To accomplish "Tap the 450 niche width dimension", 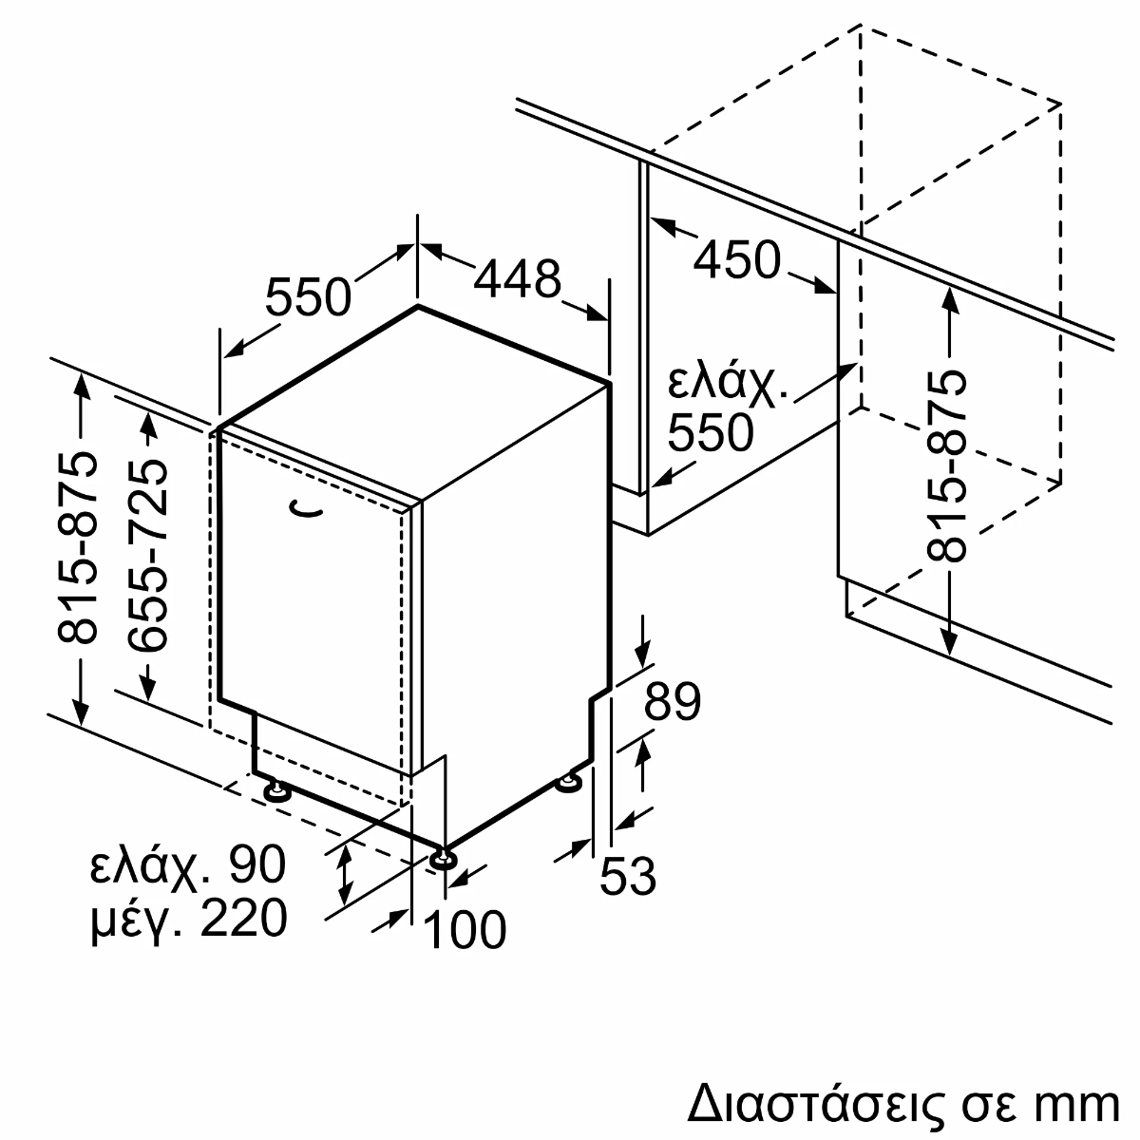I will coord(736,258).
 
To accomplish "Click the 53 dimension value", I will coord(628,876).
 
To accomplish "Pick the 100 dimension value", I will coord(464,929).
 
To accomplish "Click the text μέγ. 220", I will coord(188,919).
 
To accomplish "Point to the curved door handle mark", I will coord(307,512).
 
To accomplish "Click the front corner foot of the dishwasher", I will coord(442,859).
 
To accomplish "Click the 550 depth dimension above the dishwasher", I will coord(308,297).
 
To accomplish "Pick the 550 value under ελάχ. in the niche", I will coord(710,433).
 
